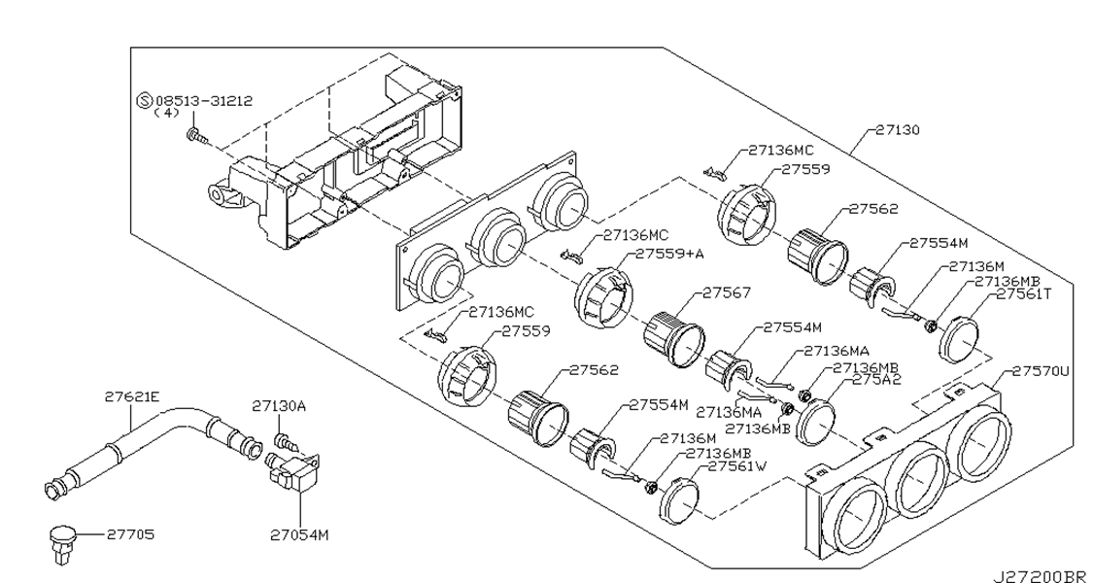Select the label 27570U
click(x=1041, y=371)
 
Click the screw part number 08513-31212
click(x=204, y=100)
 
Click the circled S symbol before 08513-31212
click(x=145, y=100)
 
